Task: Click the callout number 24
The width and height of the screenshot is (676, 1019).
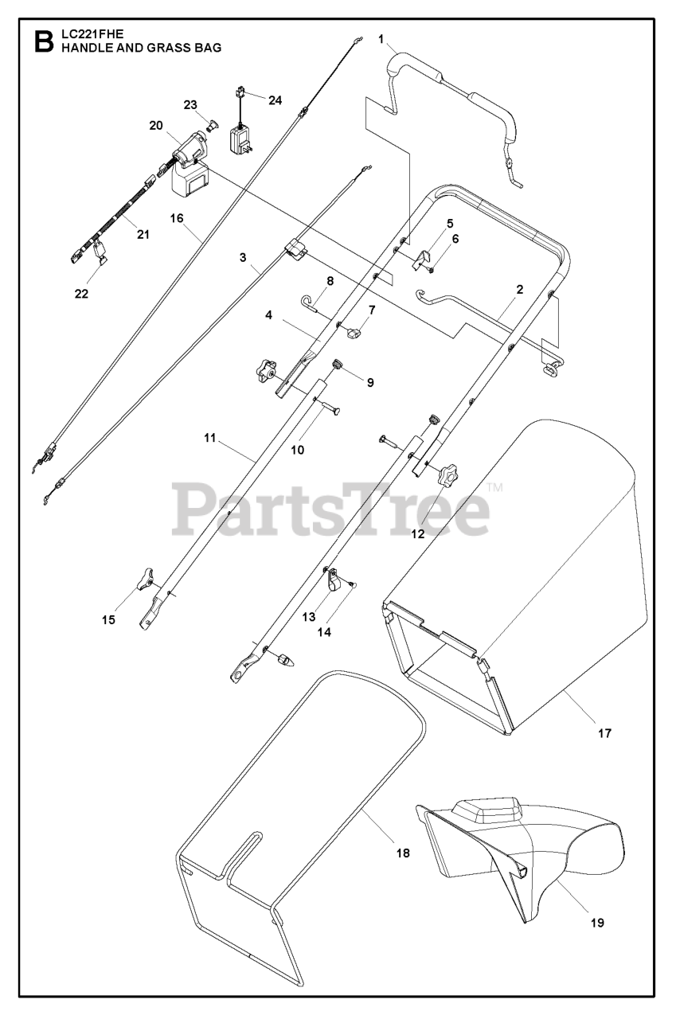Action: (275, 100)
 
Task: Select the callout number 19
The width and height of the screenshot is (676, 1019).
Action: (597, 923)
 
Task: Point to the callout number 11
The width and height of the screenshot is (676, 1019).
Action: (210, 438)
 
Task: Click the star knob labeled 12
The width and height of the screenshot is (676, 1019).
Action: (444, 477)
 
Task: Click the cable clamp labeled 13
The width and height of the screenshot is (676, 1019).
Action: (335, 582)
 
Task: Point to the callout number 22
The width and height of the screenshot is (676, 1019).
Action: (81, 293)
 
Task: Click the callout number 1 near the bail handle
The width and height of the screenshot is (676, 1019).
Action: (381, 37)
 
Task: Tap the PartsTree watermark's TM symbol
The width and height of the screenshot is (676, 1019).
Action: (494, 488)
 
